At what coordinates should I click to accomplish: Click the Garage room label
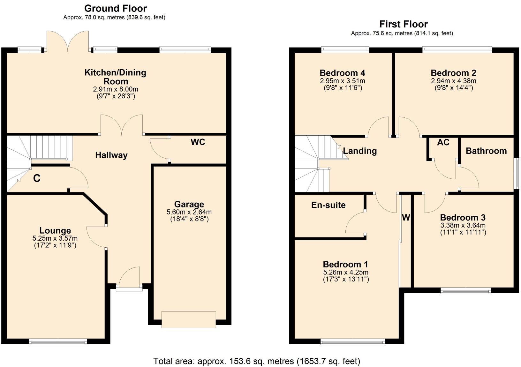[x=189, y=204]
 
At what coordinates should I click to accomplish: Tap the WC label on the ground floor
[x=198, y=142]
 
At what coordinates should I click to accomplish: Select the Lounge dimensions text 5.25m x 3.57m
[x=55, y=238]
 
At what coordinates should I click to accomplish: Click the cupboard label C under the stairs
[x=37, y=178]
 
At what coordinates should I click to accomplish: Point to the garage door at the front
[x=189, y=319]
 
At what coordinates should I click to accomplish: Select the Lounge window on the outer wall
[x=58, y=342]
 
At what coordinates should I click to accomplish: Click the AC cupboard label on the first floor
[x=443, y=142]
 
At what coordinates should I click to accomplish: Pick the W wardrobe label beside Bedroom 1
[x=406, y=218]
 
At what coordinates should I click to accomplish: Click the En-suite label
[x=328, y=205]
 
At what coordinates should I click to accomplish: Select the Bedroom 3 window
[x=465, y=290]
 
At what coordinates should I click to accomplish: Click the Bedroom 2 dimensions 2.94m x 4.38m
[x=453, y=81]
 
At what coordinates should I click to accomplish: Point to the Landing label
[x=360, y=151]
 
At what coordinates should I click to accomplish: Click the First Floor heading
[x=403, y=24]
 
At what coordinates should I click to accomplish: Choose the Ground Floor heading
[x=116, y=8]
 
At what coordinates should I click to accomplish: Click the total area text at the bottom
[x=257, y=361]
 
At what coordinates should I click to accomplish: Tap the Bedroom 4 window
[x=345, y=49]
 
